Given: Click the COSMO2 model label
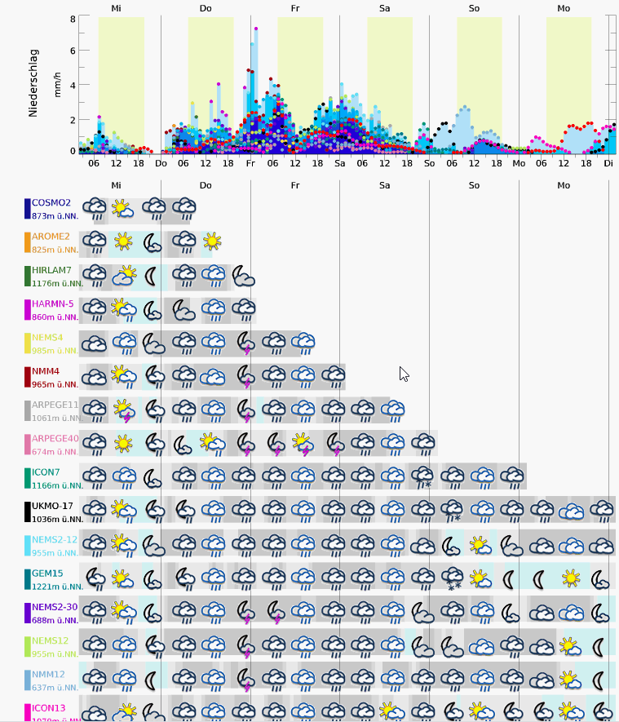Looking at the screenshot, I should coord(51,203).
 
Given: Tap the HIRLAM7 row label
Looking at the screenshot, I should coord(52,270).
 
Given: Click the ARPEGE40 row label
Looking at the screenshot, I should coord(55,439).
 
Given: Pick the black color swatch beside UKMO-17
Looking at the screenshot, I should coord(28,512).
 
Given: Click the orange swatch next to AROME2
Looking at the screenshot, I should coord(28,242).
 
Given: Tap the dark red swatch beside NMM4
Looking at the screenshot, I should coord(28,377).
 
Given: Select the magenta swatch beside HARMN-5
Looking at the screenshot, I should coord(28,310).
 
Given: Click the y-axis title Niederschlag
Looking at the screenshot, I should coord(33,84).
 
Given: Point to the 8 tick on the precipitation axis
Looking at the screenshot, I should coord(73,19).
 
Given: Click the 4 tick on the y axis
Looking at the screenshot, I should coord(73,85).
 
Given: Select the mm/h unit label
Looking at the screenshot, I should coord(58,84).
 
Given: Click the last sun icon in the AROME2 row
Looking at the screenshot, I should coord(212,241).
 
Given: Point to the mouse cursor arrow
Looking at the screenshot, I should coord(404,374).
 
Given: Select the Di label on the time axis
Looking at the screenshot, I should coord(608,163).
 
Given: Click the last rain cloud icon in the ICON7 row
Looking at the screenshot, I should coord(512,476).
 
